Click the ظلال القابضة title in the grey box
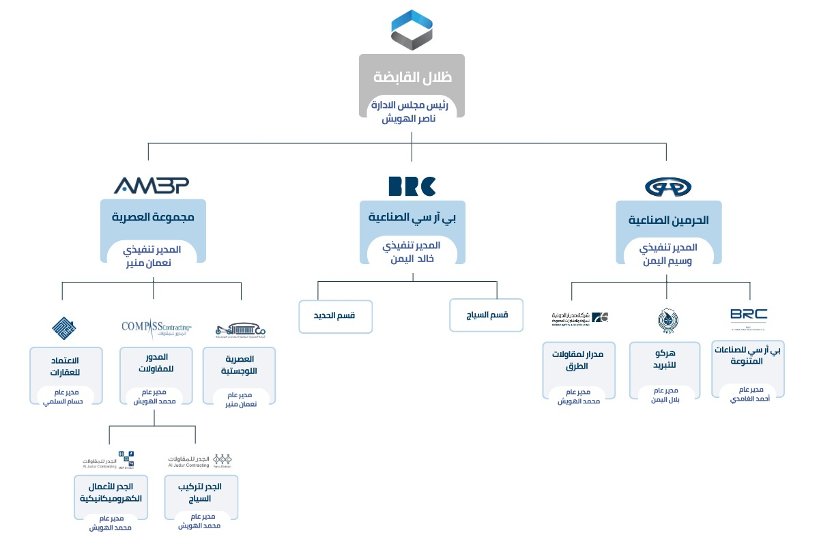click(412, 77)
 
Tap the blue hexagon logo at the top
click(412, 30)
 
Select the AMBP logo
click(152, 185)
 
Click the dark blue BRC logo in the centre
click(412, 186)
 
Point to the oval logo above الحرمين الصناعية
click(667, 186)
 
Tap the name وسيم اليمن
click(668, 260)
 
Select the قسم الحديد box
click(336, 315)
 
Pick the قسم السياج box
click(486, 315)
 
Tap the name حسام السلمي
click(66, 403)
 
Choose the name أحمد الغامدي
click(747, 398)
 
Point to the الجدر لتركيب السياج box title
click(201, 493)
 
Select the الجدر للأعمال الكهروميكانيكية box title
click(111, 492)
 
